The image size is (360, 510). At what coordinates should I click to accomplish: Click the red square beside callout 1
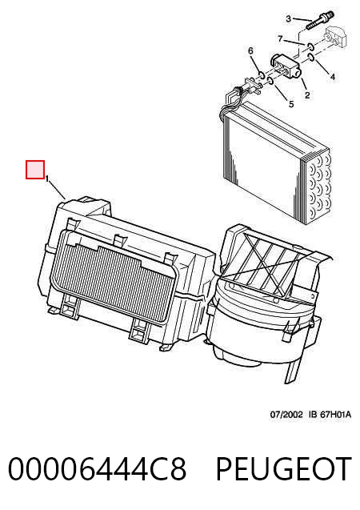[35, 170]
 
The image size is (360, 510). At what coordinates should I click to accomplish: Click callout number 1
[47, 179]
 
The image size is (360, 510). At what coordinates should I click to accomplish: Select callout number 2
[307, 95]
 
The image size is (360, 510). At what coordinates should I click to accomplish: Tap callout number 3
[288, 19]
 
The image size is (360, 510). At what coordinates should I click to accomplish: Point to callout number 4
[332, 77]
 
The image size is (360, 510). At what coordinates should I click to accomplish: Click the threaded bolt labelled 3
[319, 21]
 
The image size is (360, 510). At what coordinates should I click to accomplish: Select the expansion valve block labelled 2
[286, 66]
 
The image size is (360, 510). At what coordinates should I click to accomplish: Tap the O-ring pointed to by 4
[311, 58]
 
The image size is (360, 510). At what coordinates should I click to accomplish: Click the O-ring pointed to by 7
[310, 46]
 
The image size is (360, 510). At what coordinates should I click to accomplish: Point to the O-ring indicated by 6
[262, 76]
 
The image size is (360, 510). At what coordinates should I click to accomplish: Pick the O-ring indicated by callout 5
[270, 80]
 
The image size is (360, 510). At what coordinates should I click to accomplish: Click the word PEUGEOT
[284, 468]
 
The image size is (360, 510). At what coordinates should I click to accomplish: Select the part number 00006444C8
[97, 468]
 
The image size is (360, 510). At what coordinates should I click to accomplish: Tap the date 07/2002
[286, 415]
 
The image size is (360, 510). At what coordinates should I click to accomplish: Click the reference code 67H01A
[336, 415]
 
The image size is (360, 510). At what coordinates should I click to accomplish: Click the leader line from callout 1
[58, 191]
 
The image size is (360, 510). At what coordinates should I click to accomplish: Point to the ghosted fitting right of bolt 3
[337, 37]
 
